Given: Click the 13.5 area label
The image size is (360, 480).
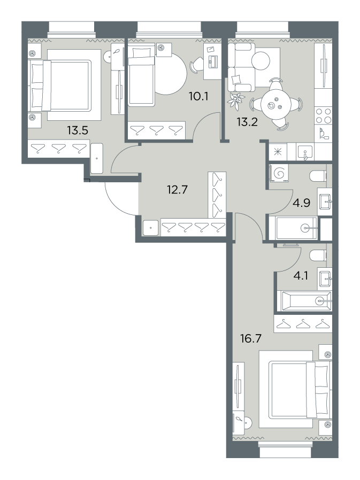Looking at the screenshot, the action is click(78, 131).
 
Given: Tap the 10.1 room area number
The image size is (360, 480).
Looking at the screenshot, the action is click(198, 97).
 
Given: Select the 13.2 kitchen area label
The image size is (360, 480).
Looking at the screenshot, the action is click(247, 122).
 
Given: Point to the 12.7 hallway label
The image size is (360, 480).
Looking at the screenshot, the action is click(177, 190).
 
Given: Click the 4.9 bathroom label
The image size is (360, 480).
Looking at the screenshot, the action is click(302, 203).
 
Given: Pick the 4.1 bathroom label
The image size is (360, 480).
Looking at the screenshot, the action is click(301, 276).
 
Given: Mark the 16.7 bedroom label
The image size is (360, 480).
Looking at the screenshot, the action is click(251, 339).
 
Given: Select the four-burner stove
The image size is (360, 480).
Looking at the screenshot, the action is click(324, 115).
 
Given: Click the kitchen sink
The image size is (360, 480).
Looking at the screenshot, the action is click(305, 152).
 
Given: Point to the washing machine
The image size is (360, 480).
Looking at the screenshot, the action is click(279, 174).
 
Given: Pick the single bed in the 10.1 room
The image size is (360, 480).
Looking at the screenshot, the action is click(141, 75).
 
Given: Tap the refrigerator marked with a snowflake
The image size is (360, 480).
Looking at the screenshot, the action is click(278, 152).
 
